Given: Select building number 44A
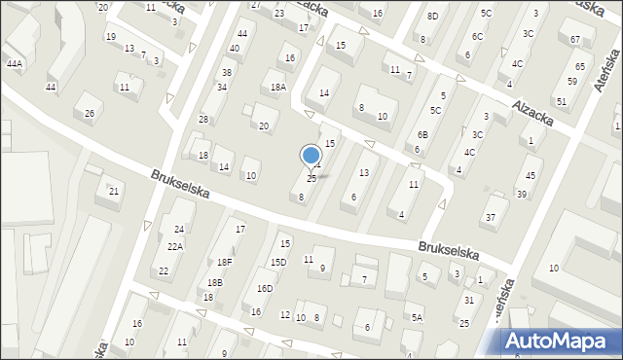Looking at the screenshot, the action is click(x=14, y=63).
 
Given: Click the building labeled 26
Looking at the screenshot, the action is click(x=90, y=114).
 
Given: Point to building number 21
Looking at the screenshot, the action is click(x=114, y=191).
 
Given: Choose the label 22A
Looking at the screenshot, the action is click(x=174, y=247).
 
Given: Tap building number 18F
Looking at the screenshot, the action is click(x=225, y=262).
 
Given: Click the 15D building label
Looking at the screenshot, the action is click(x=278, y=263).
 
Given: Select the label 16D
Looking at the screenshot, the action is click(x=265, y=289).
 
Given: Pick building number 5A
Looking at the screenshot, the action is click(x=417, y=317).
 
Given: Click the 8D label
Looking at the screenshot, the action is click(x=432, y=17).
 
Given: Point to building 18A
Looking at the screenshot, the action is click(x=278, y=87).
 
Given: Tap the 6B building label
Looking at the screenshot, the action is click(x=422, y=134).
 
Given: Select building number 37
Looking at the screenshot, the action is click(x=492, y=216).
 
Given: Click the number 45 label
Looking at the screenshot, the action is click(x=531, y=175).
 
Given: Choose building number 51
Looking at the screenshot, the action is click(x=561, y=101).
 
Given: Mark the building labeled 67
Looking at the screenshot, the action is click(x=575, y=39).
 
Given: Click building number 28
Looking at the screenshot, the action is click(x=203, y=119).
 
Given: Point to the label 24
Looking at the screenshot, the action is click(x=178, y=229).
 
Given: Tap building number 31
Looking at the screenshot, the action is click(x=469, y=300).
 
